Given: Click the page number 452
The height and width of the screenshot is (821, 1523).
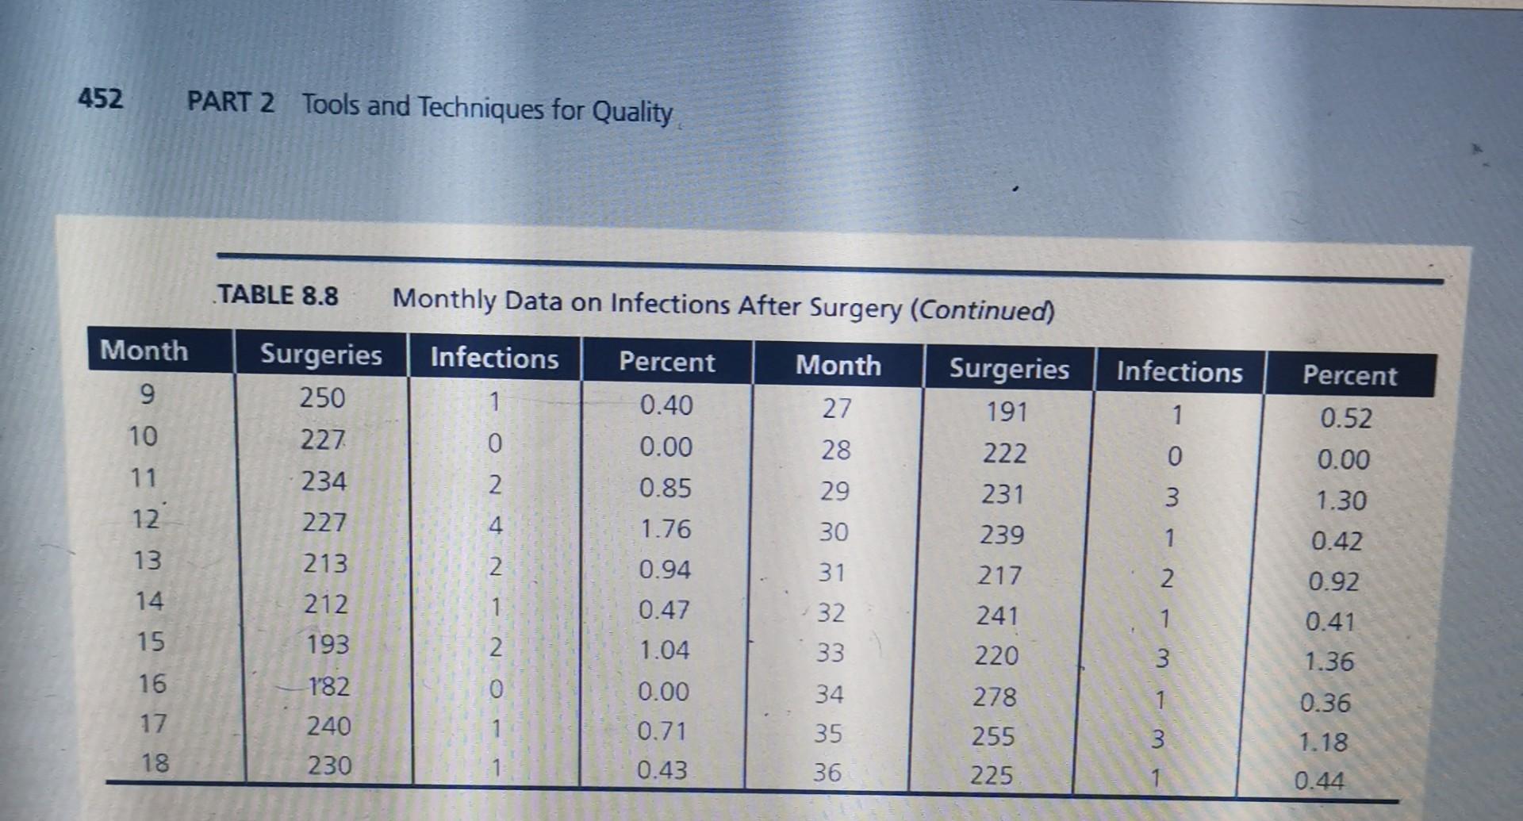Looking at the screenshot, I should [x=101, y=99].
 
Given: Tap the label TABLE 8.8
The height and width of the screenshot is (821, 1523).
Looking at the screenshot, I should [x=278, y=295].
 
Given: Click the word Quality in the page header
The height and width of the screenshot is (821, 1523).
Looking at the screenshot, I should [x=632, y=111].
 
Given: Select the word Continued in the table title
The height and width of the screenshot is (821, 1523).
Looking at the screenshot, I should [x=982, y=309].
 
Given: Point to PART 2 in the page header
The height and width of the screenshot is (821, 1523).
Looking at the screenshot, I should [x=231, y=102].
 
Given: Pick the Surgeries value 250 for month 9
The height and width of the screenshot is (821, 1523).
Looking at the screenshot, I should [x=322, y=397].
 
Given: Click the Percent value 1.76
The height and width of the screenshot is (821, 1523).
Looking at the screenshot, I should [x=666, y=528].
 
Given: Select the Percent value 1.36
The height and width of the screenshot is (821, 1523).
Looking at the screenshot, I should [x=1329, y=662].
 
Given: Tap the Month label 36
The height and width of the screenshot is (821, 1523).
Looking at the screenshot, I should [x=827, y=773].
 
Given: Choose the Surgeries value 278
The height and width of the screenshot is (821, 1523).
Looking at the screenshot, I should [x=995, y=696].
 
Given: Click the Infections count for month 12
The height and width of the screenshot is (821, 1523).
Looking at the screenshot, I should [x=495, y=524].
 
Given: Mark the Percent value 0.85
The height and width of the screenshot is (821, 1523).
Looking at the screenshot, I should [x=666, y=487].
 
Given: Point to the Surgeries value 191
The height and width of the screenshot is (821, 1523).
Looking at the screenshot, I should [x=1007, y=412].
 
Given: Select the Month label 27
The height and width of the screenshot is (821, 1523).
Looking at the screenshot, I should [x=837, y=408].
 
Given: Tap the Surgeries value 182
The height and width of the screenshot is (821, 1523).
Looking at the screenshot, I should [x=328, y=685].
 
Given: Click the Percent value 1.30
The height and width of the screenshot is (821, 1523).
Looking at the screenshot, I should [x=1341, y=501].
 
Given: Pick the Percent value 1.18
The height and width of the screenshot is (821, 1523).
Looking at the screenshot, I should [x=1323, y=742].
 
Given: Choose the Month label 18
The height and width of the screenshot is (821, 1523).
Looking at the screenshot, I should [x=155, y=763].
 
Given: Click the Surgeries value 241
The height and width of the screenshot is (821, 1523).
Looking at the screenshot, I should [x=997, y=616].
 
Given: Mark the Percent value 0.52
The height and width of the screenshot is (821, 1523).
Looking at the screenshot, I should [x=1346, y=418].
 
